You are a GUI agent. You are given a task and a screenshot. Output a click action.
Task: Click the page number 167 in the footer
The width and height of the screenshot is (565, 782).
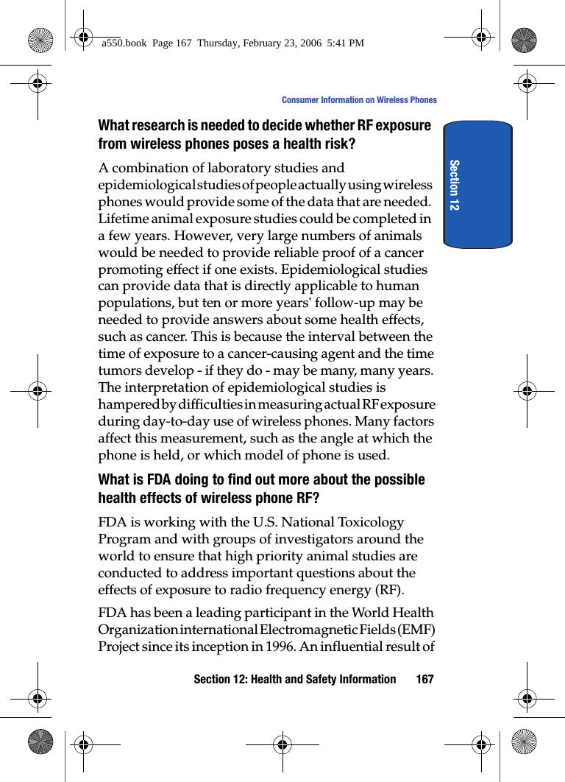(424, 679)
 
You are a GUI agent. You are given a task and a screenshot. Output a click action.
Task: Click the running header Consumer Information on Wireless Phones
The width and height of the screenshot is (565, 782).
(359, 100)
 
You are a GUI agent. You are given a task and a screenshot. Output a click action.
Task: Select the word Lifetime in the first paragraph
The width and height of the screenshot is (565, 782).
(123, 219)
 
